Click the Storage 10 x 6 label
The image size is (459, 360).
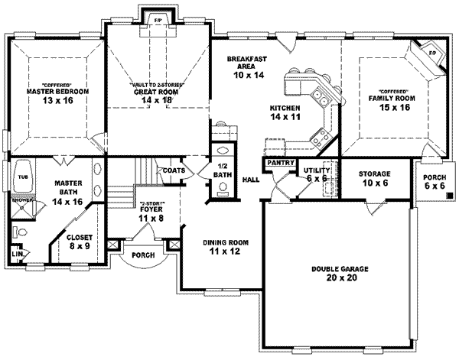[375, 178]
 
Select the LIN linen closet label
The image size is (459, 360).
[18, 253]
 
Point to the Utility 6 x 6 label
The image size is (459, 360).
[316, 174]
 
